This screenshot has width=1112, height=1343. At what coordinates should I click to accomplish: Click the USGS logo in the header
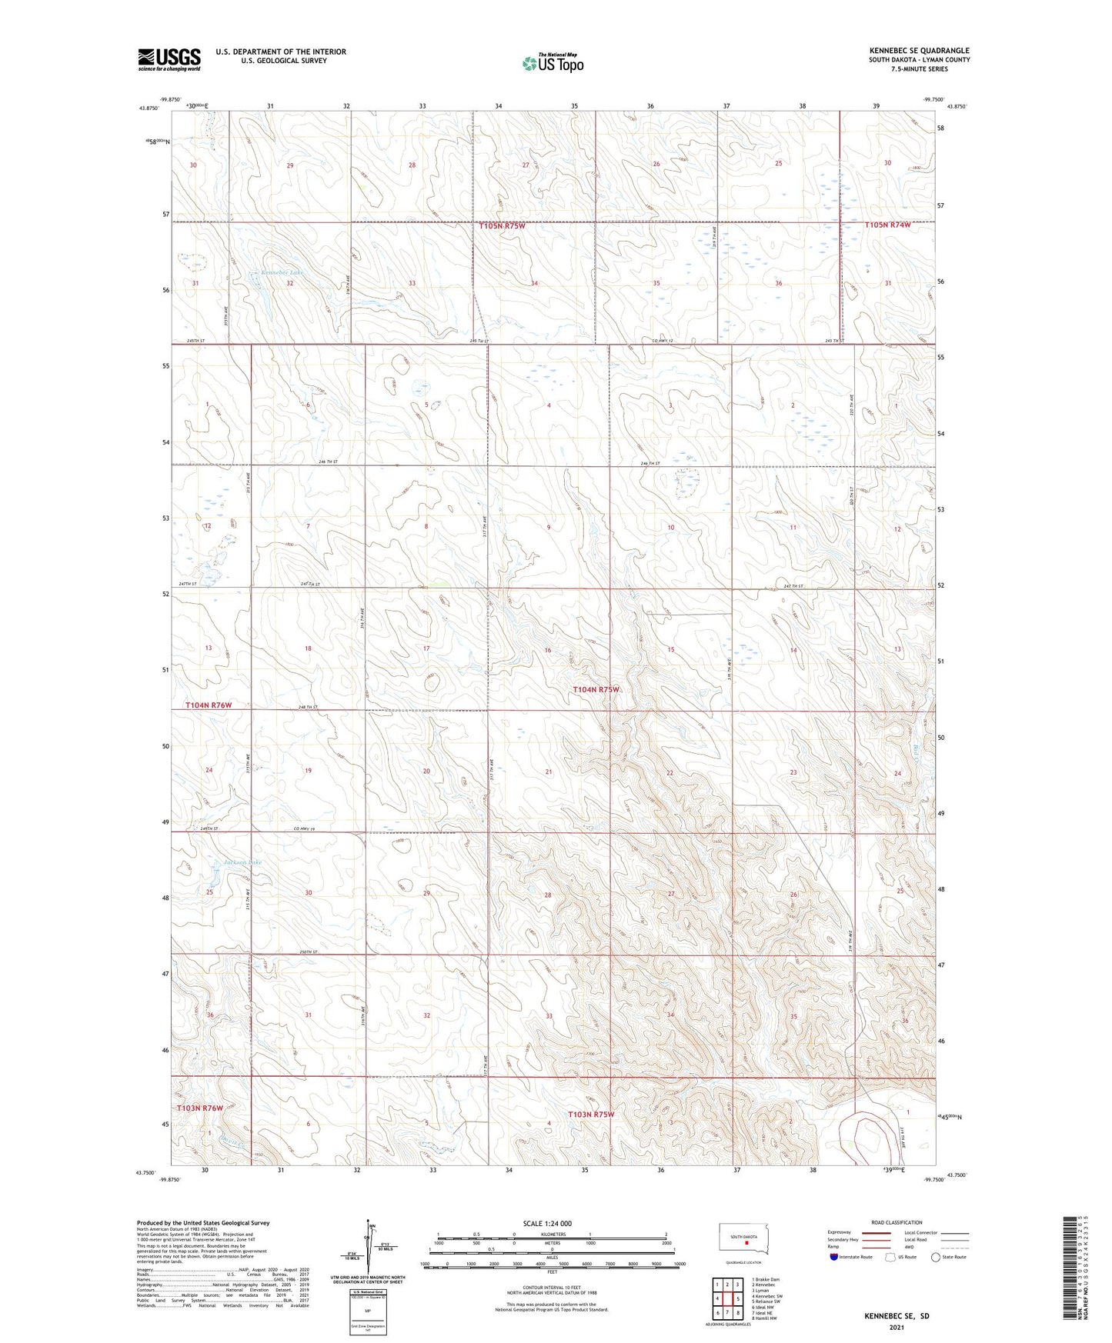(x=169, y=59)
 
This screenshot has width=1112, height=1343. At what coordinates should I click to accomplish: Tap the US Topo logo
(x=552, y=63)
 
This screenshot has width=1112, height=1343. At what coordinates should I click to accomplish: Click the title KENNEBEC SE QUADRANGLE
(x=919, y=51)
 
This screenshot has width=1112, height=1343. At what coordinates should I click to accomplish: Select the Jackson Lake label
(x=242, y=862)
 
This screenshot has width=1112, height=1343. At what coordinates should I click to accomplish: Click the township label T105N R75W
(x=502, y=226)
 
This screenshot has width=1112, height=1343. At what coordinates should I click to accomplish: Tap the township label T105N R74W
(x=887, y=225)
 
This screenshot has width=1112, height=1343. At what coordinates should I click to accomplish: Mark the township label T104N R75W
(x=596, y=690)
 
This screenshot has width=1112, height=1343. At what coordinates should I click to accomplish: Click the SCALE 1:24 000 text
(x=547, y=1223)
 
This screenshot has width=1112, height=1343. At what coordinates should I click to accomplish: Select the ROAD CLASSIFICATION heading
(x=897, y=1222)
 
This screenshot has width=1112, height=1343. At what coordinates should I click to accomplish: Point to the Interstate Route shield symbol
(x=833, y=1256)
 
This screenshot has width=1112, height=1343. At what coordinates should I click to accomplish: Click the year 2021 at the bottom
(x=896, y=1328)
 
